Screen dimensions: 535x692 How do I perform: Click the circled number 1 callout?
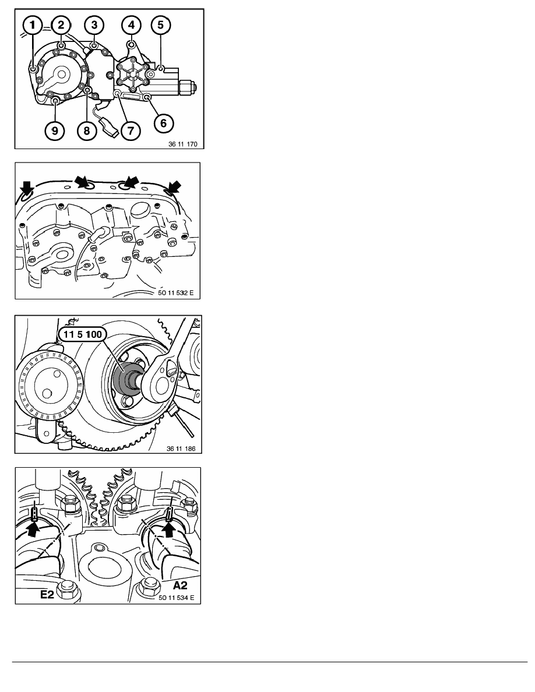[x=32, y=25]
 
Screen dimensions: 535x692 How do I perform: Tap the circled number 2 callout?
[x=61, y=24]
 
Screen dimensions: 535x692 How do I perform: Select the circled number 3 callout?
[x=94, y=24]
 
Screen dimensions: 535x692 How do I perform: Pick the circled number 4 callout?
[x=132, y=24]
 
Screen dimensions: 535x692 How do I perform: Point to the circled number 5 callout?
[x=161, y=24]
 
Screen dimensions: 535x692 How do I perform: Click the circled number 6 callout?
[x=163, y=123]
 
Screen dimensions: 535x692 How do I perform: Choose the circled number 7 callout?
[x=131, y=130]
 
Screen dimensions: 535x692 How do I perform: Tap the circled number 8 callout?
[x=86, y=130]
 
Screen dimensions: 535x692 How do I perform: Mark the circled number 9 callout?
[x=54, y=130]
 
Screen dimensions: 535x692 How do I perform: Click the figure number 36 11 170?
[x=183, y=144]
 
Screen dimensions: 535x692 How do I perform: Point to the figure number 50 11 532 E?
[x=175, y=292]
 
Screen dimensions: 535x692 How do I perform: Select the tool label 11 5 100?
[x=83, y=334]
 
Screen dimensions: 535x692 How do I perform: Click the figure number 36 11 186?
[x=181, y=449]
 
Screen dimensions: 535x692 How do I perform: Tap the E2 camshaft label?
[x=47, y=594]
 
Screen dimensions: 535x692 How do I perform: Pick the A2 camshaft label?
[x=179, y=585]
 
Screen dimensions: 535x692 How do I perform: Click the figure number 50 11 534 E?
[x=177, y=598]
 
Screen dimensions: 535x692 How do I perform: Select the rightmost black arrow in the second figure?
[x=174, y=186]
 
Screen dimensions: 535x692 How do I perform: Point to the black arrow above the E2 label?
[x=34, y=527]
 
